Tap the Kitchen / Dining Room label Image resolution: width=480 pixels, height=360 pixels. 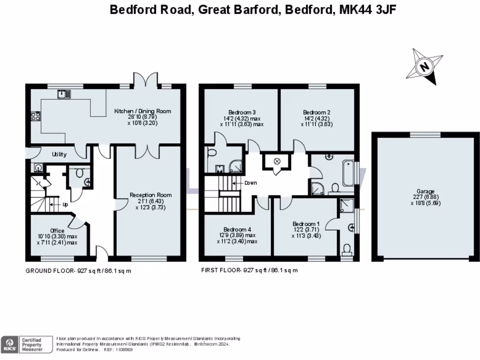point(143,111)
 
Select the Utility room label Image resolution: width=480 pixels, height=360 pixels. point(59,154)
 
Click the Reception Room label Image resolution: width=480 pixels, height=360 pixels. point(150,195)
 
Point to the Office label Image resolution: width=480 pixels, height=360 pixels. point(57,231)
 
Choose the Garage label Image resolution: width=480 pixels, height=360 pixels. point(426,191)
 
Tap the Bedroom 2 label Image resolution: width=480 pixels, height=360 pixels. point(317,112)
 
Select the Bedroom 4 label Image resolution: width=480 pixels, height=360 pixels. point(238,229)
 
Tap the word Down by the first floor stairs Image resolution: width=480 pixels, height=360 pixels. point(250,183)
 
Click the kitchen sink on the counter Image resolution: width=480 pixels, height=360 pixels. point(64,94)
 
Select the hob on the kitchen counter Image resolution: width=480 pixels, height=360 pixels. point(36,116)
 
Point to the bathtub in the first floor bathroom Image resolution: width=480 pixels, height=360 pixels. point(348,173)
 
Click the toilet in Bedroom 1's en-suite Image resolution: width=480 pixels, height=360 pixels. point(347,249)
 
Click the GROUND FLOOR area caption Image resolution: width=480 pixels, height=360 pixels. point(78,270)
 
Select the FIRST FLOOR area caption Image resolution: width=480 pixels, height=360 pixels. point(249,270)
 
